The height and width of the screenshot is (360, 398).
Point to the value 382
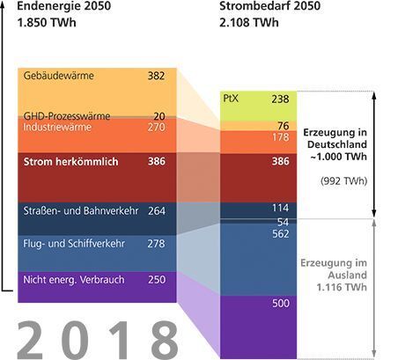coord(156,77)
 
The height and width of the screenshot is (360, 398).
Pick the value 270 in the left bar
coord(156,128)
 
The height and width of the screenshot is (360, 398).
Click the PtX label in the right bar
coord(232,99)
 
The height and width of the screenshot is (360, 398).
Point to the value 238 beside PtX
coord(281,99)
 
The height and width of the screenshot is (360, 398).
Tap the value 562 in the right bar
coord(281,234)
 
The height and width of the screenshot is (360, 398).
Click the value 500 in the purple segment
coord(281,304)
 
